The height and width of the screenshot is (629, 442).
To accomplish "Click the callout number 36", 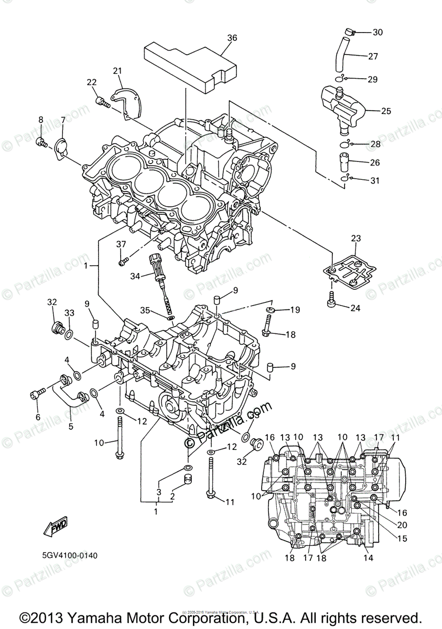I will (x=232, y=38).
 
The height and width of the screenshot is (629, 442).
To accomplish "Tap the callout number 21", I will (x=117, y=71).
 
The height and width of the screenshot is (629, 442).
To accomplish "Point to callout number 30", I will (x=378, y=32).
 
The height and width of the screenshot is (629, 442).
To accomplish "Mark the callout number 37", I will (x=121, y=244).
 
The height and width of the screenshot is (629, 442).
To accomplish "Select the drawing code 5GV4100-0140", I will (x=70, y=555).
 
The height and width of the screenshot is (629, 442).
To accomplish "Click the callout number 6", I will (x=37, y=417).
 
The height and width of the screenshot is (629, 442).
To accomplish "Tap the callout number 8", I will (x=40, y=121).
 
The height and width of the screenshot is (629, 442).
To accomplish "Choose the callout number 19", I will (x=295, y=310).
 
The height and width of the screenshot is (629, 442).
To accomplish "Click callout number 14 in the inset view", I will (x=368, y=558).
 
